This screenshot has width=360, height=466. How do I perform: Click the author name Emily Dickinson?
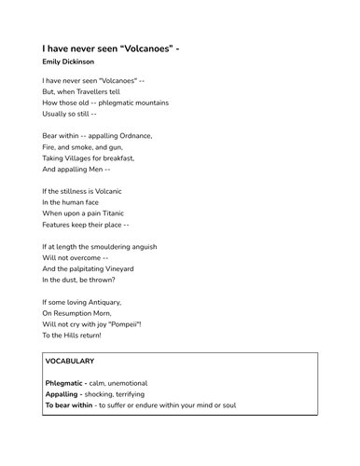click(68, 62)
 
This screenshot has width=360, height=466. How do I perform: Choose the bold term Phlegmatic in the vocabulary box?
click(64, 383)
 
